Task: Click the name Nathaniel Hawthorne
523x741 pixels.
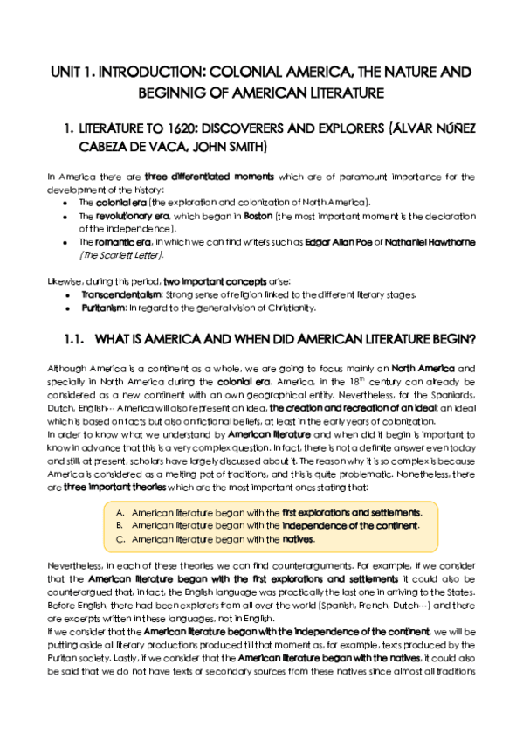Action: click(421, 241)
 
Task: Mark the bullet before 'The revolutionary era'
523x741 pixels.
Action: click(67, 215)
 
